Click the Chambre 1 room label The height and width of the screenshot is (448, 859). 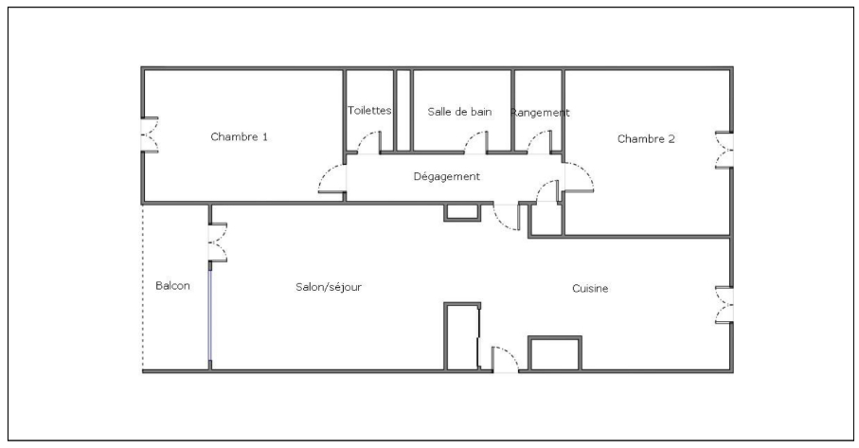pos(239,136)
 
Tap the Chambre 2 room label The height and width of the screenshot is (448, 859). pos(646,138)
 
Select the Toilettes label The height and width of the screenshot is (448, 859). pos(369,111)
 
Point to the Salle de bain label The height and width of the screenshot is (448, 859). pos(459,111)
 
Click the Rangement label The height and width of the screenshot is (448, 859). pos(540,112)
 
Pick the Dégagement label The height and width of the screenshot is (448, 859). pos(447,176)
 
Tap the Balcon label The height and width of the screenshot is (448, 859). pos(173,285)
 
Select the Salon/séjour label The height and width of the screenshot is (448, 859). pos(330,286)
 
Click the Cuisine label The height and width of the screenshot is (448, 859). pos(590,288)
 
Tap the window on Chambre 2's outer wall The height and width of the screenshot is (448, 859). pos(725,149)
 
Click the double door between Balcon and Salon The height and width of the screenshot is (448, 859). pos(216,241)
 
